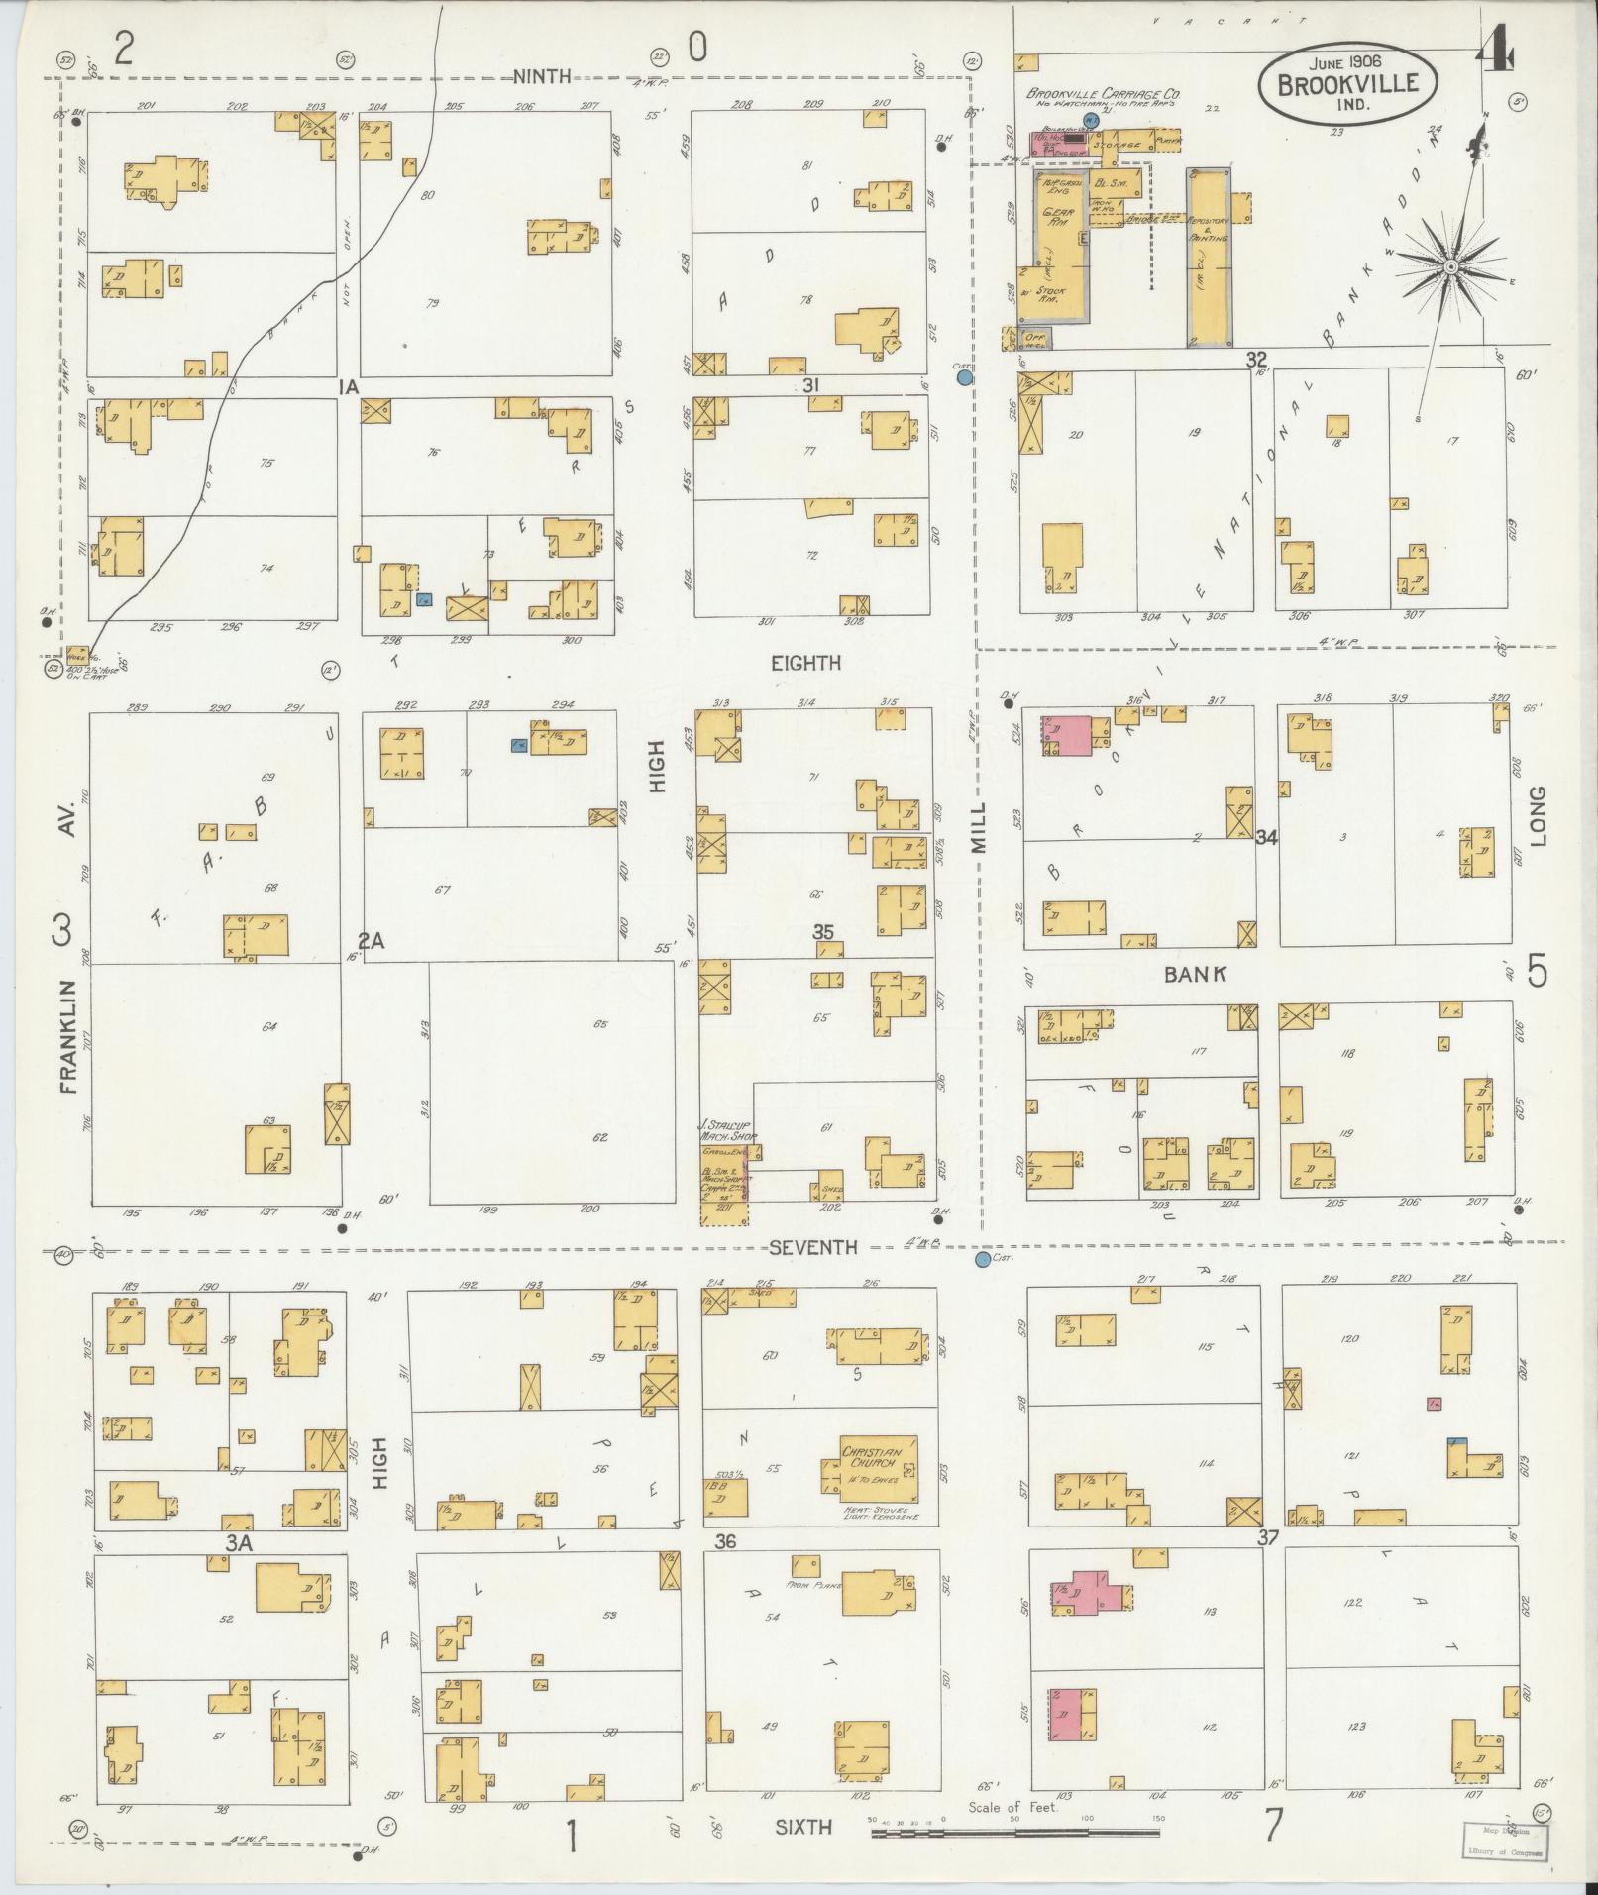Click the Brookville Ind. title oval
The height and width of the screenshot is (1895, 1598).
[x=1349, y=86]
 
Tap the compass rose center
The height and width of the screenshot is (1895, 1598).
[x=1450, y=267]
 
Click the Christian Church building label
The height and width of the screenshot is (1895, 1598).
[x=868, y=1455]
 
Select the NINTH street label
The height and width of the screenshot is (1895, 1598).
[x=542, y=77]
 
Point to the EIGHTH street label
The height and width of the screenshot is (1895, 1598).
[x=805, y=663]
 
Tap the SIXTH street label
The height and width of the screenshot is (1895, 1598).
[x=803, y=1827]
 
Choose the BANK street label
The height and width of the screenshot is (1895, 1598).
[x=1196, y=974]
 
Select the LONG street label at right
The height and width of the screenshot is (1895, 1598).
[x=1538, y=817]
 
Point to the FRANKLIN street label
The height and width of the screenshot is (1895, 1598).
[x=67, y=1036]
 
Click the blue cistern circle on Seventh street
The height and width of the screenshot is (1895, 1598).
[x=982, y=1260]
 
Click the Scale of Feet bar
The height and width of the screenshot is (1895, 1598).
[x=1014, y=1834]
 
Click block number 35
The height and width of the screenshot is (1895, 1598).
[x=823, y=932]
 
